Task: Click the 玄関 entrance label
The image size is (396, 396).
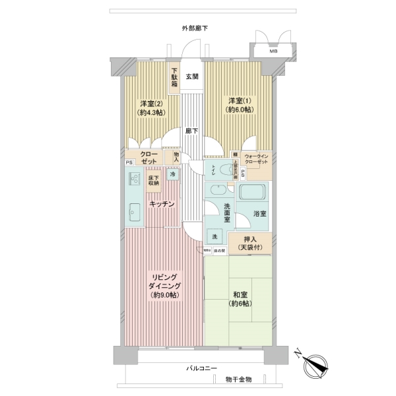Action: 192,77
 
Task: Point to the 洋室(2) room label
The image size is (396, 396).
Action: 150,108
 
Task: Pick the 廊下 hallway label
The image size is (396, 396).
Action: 192,131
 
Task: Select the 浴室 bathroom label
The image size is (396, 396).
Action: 259,214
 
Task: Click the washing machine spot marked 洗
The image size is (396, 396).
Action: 215,237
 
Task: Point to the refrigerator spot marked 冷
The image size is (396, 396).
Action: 173,175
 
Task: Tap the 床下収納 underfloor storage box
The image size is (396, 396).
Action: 154,180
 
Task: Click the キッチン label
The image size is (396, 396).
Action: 161,205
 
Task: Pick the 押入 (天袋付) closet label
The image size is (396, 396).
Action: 249,243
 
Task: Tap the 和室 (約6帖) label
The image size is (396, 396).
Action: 240,299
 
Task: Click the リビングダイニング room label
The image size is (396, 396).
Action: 164,285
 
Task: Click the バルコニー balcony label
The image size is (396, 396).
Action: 201,368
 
